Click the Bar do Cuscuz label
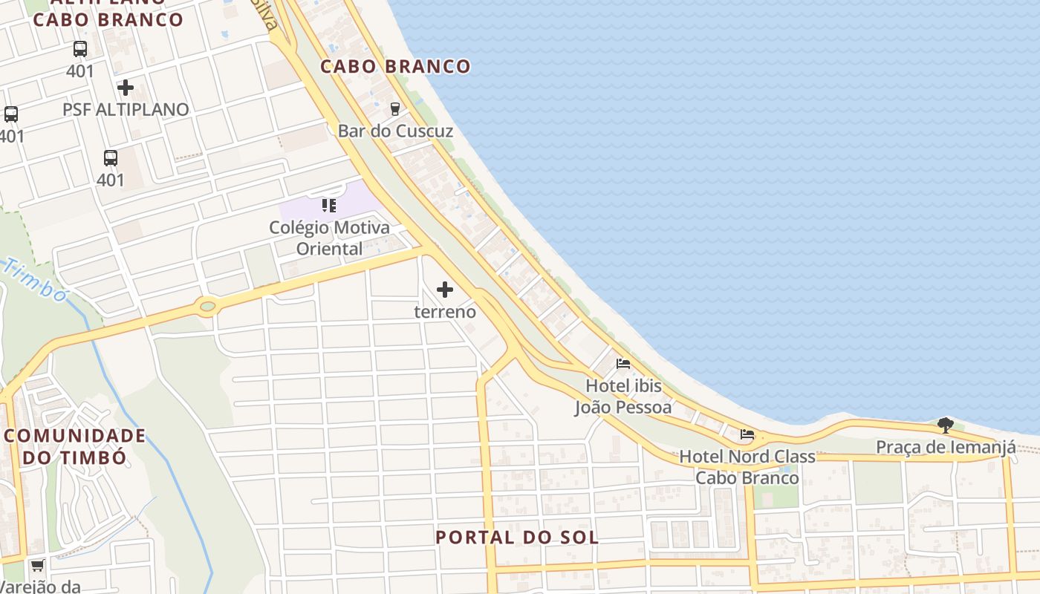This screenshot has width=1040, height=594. tap(395, 131)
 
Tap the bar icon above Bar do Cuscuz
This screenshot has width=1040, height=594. tap(395, 108)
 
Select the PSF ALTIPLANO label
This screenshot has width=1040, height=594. tap(126, 109)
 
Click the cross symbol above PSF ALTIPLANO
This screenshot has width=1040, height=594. tap(126, 88)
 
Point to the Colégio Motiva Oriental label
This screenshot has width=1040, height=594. tap(329, 238)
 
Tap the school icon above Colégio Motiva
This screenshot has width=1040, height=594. tap(329, 205)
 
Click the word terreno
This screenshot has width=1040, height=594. tap(445, 311)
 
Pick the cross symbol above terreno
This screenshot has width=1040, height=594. tap(445, 290)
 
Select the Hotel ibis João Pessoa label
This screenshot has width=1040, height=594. tap(623, 396)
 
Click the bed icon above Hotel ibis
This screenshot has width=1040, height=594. tap(623, 364)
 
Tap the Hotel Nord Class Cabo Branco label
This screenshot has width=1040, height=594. tap(747, 467)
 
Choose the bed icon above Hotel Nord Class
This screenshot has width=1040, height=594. tap(747, 434)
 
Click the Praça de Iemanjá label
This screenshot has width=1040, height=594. tap(946, 447)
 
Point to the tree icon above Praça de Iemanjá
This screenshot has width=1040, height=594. tap(946, 425)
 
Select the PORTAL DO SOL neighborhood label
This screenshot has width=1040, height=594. tap(517, 537)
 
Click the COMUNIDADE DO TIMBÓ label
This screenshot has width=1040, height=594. tap(74, 446)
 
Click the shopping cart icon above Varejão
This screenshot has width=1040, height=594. tap(37, 566)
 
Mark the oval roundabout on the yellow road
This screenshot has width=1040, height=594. tap(207, 305)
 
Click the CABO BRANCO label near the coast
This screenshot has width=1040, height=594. tap(395, 66)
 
